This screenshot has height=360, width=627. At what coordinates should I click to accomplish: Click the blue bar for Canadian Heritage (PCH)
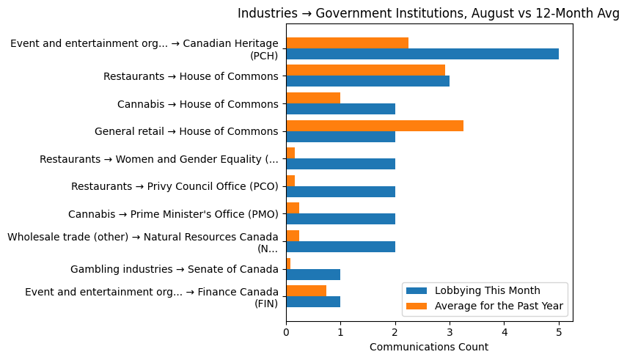pos(422,54)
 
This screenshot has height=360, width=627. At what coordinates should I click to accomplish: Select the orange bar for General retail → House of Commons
pos(374,126)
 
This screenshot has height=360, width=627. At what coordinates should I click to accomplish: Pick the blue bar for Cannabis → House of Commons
pos(340,109)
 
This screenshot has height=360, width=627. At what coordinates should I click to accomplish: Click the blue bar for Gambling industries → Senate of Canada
pos(313,275)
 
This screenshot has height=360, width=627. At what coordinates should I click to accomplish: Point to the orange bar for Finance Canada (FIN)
pos(306,291)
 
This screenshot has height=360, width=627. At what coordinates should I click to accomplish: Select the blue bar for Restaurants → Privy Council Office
pos(340,192)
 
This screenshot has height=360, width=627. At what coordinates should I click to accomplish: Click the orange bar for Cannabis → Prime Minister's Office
pos(293,208)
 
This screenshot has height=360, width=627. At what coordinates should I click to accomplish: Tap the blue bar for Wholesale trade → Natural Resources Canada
pos(340,247)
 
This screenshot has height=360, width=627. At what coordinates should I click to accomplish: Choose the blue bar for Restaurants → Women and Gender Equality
pos(340,164)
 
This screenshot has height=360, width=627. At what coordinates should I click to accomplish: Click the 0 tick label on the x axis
pos(286,332)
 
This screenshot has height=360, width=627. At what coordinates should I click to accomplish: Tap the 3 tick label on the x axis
pos(450,332)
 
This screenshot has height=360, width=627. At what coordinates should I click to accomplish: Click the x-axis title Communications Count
pos(429,347)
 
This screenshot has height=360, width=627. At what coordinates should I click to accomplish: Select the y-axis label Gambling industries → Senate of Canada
pos(174,270)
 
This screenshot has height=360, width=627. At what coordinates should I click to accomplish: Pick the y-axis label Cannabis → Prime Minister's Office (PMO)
pos(173,214)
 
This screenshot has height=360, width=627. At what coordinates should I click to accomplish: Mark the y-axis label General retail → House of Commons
pos(186,132)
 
